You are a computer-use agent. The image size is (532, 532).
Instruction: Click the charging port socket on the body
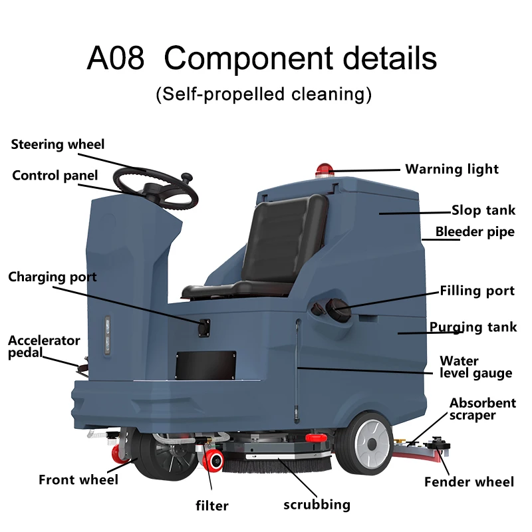pyautogui.click(x=203, y=325)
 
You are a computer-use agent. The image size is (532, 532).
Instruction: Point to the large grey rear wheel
pyautogui.click(x=364, y=442)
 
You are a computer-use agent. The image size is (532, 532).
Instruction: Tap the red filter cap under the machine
pyautogui.click(x=215, y=460)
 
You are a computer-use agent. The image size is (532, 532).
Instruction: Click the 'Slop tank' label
pyautogui.click(x=483, y=211)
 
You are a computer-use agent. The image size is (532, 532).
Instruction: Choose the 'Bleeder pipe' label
pyautogui.click(x=475, y=232)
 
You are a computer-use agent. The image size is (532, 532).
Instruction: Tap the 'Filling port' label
pyautogui.click(x=477, y=291)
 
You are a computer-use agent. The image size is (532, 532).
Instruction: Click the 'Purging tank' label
pyautogui.click(x=473, y=327)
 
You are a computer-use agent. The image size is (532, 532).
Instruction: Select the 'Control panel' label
pyautogui.click(x=55, y=176)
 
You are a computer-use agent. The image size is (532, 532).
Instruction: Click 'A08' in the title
pyautogui.click(x=115, y=59)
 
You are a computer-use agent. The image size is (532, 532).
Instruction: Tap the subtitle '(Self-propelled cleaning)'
pyautogui.click(x=263, y=94)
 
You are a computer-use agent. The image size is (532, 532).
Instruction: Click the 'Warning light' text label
pyautogui.click(x=452, y=170)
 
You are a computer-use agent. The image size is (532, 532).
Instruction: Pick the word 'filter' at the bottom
pyautogui.click(x=212, y=505)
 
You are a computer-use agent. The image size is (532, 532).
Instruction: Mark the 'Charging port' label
pyautogui.click(x=53, y=277)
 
